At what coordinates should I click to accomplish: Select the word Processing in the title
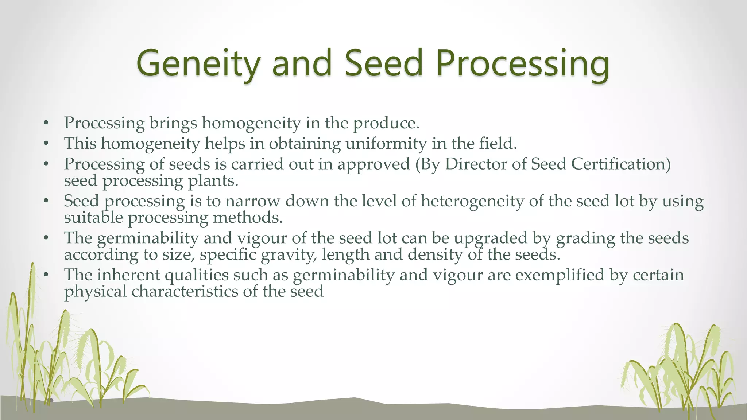click(522, 64)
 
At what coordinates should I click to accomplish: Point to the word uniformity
click(386, 144)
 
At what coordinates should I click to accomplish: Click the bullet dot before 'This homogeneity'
click(46, 144)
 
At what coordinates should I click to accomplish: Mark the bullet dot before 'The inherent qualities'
click(46, 275)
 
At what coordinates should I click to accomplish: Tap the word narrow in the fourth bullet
click(253, 201)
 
